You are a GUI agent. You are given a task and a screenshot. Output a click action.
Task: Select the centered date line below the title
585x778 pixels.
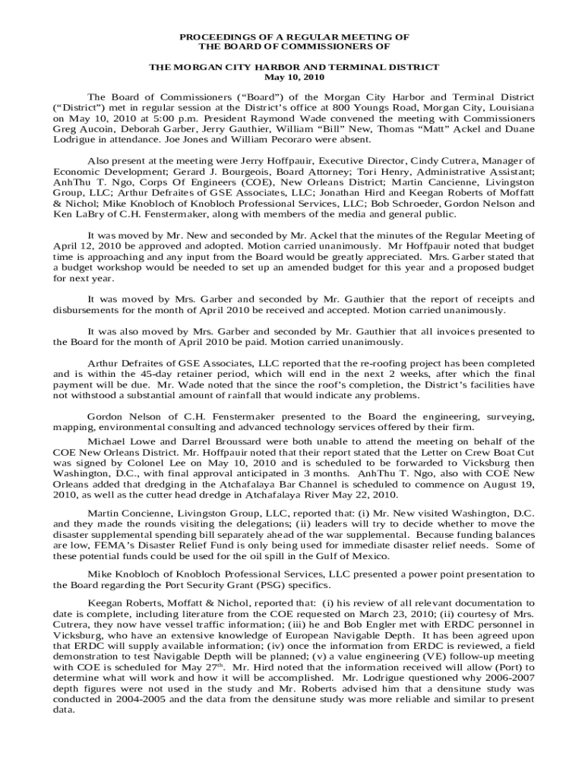[293, 77]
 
